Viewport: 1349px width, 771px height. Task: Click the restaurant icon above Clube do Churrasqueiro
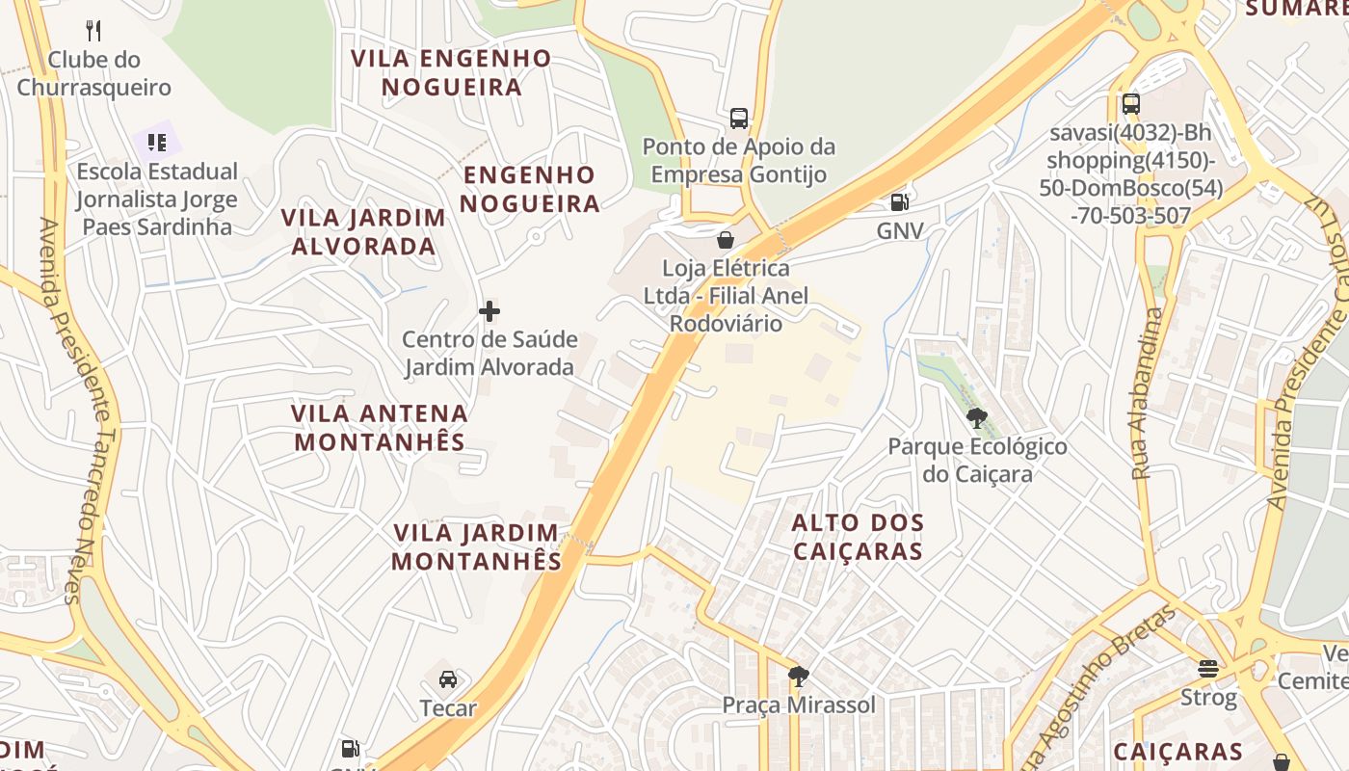click(93, 30)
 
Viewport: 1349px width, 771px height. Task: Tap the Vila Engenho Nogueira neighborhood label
click(451, 72)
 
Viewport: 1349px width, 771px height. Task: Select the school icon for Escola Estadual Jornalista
click(157, 143)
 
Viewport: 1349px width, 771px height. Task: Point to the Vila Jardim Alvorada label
click(363, 231)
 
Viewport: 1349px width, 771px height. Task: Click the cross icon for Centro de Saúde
click(489, 311)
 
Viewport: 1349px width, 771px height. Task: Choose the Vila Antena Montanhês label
click(380, 428)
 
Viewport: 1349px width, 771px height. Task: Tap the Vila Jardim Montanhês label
click(476, 546)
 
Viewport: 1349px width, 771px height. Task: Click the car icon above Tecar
click(448, 679)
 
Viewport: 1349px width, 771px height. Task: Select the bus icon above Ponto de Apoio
click(739, 119)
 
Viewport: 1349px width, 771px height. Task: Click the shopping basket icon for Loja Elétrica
click(726, 239)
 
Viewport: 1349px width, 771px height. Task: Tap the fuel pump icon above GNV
click(899, 202)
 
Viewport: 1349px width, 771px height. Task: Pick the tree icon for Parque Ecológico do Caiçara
click(977, 417)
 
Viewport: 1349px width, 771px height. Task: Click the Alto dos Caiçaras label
click(858, 537)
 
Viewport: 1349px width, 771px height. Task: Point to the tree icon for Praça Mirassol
click(798, 677)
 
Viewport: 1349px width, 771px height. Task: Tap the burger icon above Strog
click(1208, 668)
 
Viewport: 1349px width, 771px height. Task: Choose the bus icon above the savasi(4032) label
click(1131, 104)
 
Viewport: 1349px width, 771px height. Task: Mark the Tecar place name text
click(448, 708)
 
